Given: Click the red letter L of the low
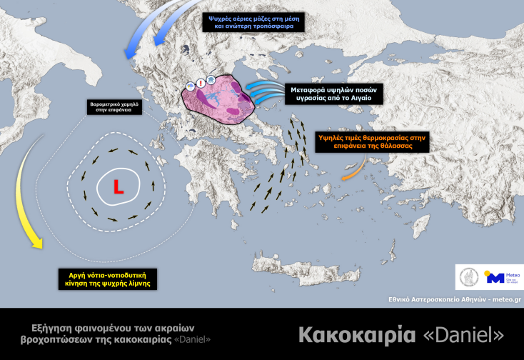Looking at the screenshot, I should [x=118, y=188].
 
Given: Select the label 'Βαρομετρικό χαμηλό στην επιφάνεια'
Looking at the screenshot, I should [x=114, y=107].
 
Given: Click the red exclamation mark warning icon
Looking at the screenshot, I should [x=201, y=83].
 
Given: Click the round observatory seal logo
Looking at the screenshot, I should [x=471, y=276].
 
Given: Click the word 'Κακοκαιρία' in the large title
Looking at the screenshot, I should [x=342, y=334].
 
